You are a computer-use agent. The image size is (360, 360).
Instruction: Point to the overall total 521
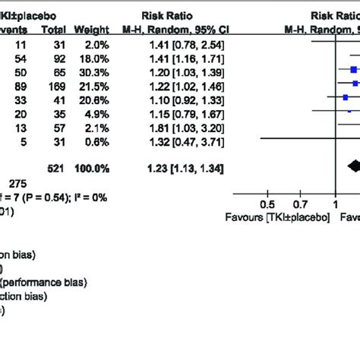[55, 166]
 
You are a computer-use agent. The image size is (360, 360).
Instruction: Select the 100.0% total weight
[90, 166]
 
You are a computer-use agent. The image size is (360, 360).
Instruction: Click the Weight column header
[91, 30]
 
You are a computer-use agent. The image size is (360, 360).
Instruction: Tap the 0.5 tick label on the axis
[268, 204]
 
